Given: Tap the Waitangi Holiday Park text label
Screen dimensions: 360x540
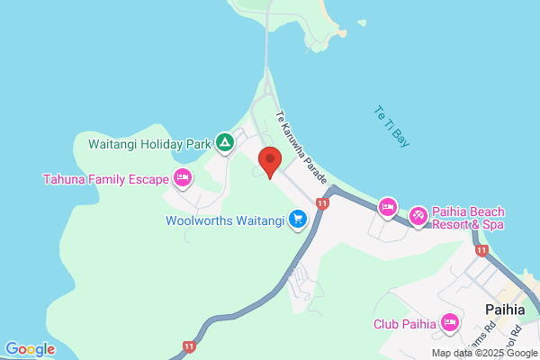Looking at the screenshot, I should [148, 143].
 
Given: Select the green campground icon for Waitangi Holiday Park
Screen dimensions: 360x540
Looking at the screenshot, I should [224, 142].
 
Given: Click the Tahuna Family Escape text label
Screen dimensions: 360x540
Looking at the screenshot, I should [106, 178].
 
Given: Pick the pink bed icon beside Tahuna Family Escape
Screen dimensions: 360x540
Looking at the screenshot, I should [183, 177].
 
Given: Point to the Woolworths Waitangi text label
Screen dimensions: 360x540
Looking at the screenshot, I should [225, 220].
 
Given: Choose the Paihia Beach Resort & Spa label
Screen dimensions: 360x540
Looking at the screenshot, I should [468, 218].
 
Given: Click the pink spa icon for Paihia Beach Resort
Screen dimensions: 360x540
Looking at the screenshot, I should [418, 215].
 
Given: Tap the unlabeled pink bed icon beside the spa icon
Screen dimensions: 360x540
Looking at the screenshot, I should [387, 208].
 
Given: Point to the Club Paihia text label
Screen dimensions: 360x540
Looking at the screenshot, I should [405, 324].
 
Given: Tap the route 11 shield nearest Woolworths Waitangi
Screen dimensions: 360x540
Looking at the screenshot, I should [323, 204].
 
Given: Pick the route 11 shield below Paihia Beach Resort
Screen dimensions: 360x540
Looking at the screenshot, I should [482, 250].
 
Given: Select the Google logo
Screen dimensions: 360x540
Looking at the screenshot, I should [30, 348].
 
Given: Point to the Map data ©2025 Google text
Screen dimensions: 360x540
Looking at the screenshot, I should [483, 353].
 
